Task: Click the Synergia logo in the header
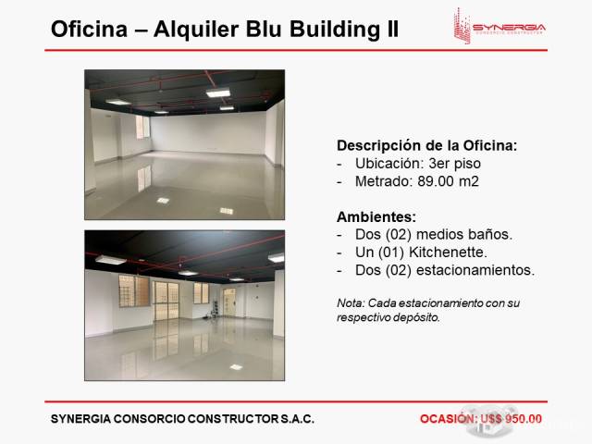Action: (x=499, y=26)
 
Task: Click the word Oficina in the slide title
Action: (x=89, y=29)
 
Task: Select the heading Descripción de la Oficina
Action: (x=426, y=145)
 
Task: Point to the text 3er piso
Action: (x=454, y=164)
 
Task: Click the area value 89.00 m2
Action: (x=448, y=181)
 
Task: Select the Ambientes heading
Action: (x=376, y=216)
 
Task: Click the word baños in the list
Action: (x=490, y=234)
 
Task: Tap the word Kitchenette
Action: (x=448, y=253)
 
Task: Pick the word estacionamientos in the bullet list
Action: (x=475, y=270)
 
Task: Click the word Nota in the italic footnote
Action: (x=351, y=303)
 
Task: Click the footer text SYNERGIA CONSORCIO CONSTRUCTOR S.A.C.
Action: (x=182, y=419)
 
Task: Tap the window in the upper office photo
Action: (x=142, y=127)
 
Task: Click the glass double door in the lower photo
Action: (x=166, y=301)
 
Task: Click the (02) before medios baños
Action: (x=399, y=234)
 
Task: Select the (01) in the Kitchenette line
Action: (x=391, y=253)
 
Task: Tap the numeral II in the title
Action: (x=393, y=29)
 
